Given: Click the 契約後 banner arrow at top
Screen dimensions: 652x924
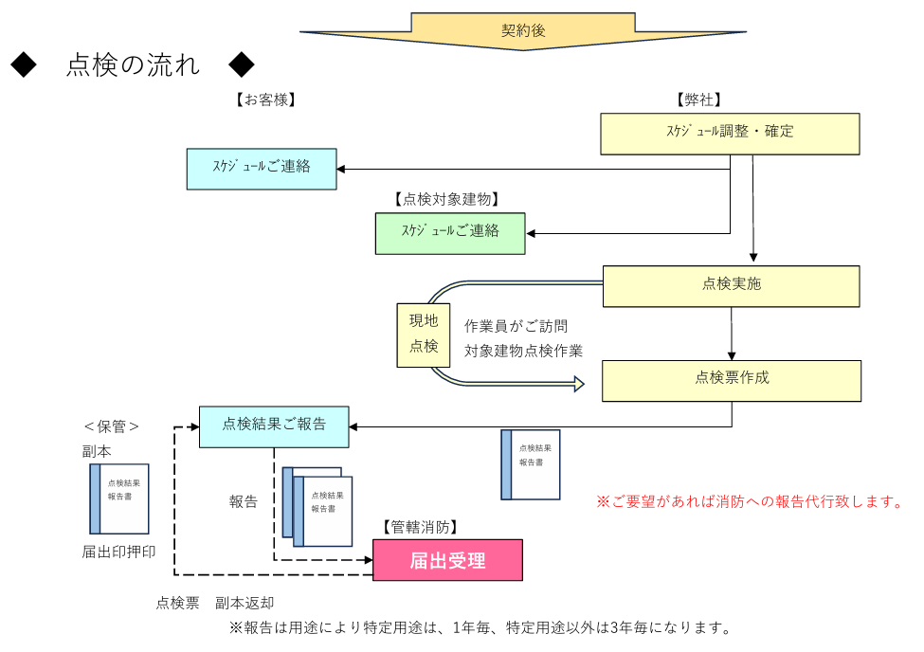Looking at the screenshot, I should point(523,30).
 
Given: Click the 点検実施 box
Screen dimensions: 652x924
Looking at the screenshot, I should point(731,285).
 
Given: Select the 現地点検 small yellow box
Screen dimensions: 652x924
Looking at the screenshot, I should point(423,335).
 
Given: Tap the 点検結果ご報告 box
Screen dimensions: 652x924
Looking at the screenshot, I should point(274,426).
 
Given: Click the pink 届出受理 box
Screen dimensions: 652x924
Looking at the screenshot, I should point(447,560).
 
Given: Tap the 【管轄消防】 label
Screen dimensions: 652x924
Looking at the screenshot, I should point(420,527).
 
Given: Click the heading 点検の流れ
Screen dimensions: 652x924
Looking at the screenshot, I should point(133,64).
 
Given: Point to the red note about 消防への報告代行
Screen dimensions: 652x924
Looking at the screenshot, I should point(750,501).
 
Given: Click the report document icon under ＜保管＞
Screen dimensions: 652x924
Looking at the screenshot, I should point(119,498).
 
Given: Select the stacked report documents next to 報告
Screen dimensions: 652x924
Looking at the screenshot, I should point(317,507).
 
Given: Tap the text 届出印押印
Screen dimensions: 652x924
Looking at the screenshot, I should point(118,552).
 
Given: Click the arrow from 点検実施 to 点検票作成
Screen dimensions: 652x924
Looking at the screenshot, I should point(732,334).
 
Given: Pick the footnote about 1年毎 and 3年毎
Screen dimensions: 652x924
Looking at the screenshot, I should point(480,627).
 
